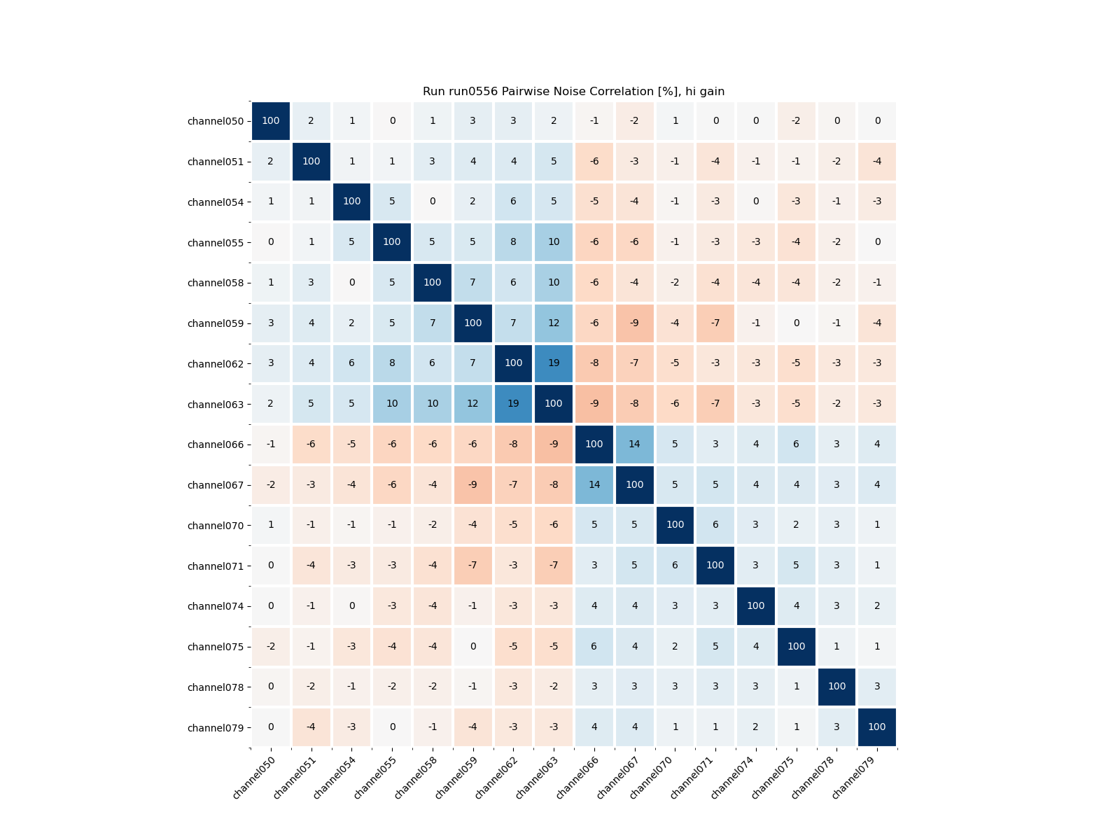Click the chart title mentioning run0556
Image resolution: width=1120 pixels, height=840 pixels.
[573, 92]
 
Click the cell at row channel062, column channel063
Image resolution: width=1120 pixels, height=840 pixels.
[554, 363]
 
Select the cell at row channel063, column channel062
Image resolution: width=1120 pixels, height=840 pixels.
[513, 404]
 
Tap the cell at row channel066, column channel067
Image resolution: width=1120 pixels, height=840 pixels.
[634, 444]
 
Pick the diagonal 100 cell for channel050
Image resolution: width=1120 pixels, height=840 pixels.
[271, 121]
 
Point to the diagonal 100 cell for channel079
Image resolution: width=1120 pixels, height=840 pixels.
[876, 727]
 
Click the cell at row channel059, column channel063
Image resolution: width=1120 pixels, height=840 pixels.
[554, 323]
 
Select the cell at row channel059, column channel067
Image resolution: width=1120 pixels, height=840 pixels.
[634, 323]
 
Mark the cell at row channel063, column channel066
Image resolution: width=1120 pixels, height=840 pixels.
[594, 404]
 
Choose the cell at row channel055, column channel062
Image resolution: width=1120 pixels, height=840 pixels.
[513, 242]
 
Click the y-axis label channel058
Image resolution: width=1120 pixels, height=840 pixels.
[216, 283]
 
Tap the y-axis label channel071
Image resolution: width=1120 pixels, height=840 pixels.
[216, 566]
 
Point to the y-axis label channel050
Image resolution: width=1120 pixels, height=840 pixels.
[216, 122]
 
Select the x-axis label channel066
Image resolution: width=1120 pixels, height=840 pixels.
[577, 777]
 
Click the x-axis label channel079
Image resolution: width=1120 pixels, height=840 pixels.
[860, 777]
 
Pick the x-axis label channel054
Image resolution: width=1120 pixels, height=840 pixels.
[335, 777]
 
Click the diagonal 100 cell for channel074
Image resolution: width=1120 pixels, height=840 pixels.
[755, 606]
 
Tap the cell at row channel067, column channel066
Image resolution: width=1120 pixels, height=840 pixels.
[594, 484]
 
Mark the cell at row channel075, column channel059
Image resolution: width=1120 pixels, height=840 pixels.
[472, 646]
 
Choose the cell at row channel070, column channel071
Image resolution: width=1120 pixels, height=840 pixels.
[715, 525]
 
